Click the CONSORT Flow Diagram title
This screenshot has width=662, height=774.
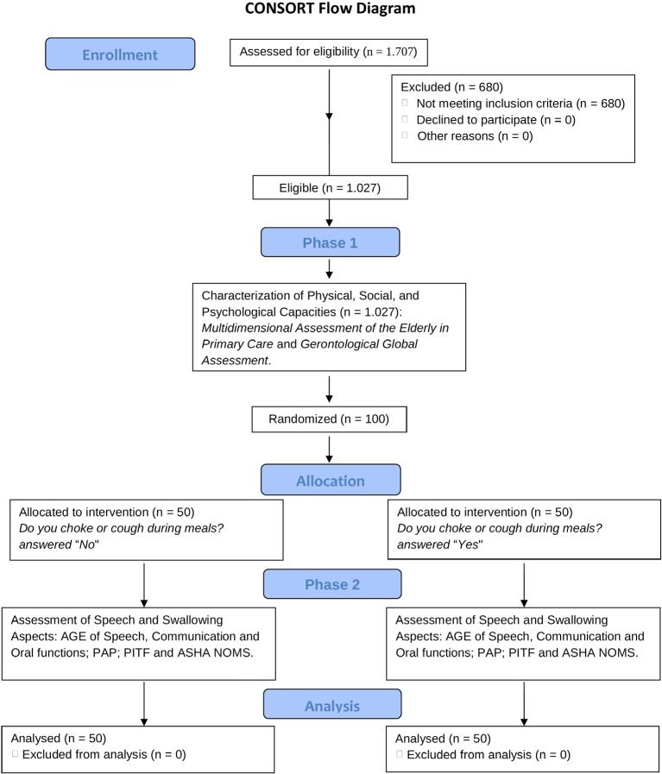(x=331, y=9)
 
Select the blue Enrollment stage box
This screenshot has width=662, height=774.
(x=120, y=54)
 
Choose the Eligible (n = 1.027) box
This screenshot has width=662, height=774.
(x=330, y=186)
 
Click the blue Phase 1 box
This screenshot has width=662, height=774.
(x=330, y=242)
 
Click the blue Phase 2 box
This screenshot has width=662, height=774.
(x=331, y=584)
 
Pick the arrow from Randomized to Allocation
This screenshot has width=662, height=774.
(x=330, y=449)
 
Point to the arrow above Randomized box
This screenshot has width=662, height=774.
(x=330, y=390)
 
